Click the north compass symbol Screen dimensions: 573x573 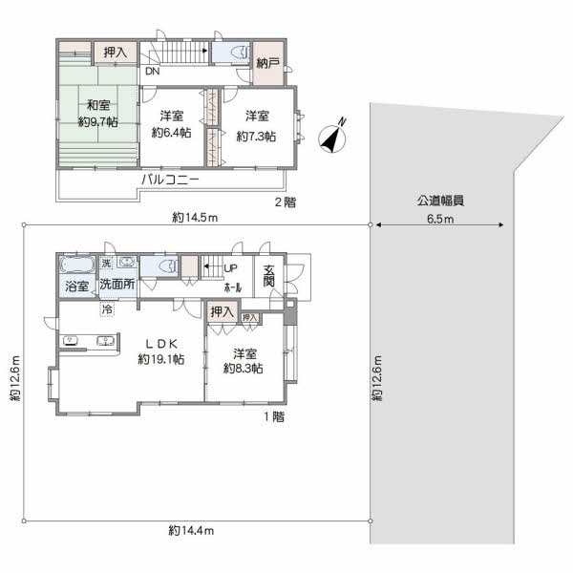[x=332, y=138]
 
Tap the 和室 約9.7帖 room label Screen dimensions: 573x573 [x=98, y=114]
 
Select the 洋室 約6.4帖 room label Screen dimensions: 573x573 [x=171, y=124]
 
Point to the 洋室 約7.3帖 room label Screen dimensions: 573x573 [x=256, y=126]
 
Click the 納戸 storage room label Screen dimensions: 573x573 [x=267, y=63]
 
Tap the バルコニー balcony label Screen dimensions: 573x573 [x=170, y=180]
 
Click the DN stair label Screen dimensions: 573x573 [x=153, y=72]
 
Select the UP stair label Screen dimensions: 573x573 [x=230, y=268]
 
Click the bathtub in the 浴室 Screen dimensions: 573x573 [x=76, y=265]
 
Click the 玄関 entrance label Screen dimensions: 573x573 [x=269, y=276]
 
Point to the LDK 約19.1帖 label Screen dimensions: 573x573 [x=161, y=351]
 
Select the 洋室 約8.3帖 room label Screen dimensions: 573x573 [x=244, y=361]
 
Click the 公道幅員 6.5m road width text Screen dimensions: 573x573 [x=440, y=209]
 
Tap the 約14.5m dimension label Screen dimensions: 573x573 [x=195, y=218]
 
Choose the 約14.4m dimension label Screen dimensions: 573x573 [x=191, y=530]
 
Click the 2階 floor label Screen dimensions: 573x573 [x=286, y=202]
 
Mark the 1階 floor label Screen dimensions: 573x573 [x=274, y=416]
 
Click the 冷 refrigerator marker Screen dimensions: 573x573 [x=107, y=309]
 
